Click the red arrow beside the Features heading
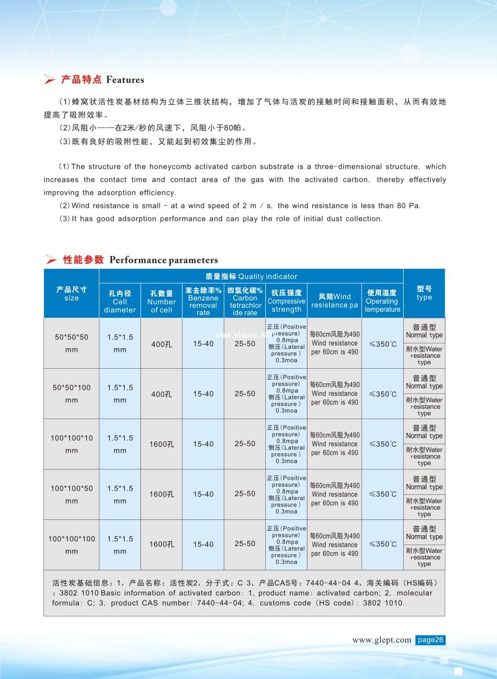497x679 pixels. (x=49, y=80)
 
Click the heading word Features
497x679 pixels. (x=125, y=80)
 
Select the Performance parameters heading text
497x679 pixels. (x=164, y=260)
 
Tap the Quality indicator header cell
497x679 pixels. (x=251, y=276)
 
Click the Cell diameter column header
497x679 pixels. (x=120, y=301)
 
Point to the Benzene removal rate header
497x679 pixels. (x=203, y=301)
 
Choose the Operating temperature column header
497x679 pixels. (x=382, y=301)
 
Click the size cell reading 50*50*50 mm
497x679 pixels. (x=72, y=343)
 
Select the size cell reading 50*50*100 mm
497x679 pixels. (x=72, y=393)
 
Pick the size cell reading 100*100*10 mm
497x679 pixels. (x=72, y=444)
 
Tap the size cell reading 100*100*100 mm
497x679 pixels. (x=72, y=545)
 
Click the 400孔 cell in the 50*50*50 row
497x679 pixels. (x=162, y=344)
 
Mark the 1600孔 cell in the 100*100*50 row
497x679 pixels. (x=162, y=494)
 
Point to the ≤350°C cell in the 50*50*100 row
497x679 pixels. (x=383, y=394)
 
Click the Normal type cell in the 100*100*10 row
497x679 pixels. (x=424, y=432)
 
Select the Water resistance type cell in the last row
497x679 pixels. (x=424, y=557)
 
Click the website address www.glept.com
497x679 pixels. (x=381, y=640)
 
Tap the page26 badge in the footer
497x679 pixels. (x=430, y=640)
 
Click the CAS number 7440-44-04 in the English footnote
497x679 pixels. (x=219, y=603)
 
